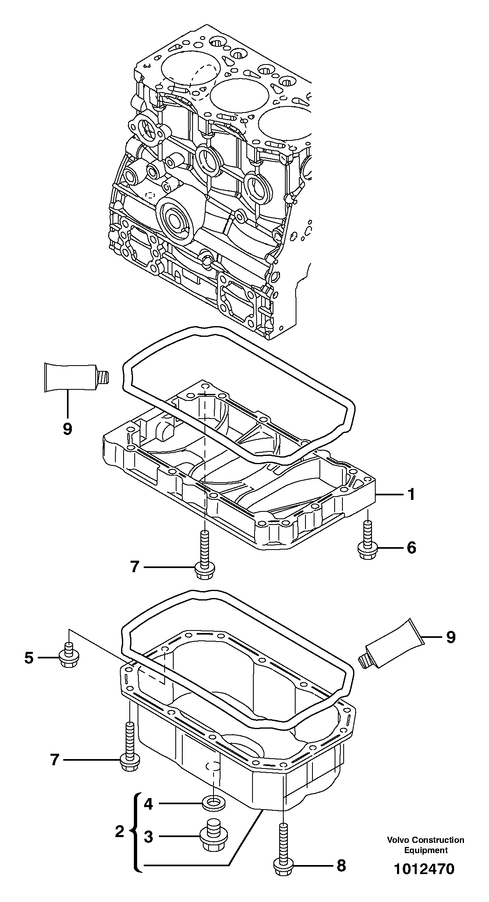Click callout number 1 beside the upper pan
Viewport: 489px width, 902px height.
pyautogui.click(x=411, y=495)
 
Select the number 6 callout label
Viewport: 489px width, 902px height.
pyautogui.click(x=411, y=548)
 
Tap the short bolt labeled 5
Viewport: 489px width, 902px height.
pyautogui.click(x=69, y=657)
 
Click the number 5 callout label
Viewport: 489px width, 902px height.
pyautogui.click(x=28, y=658)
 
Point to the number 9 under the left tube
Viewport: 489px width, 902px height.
pyautogui.click(x=68, y=429)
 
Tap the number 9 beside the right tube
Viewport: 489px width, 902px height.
pyautogui.click(x=451, y=637)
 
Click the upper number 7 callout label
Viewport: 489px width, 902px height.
pyautogui.click(x=135, y=567)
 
